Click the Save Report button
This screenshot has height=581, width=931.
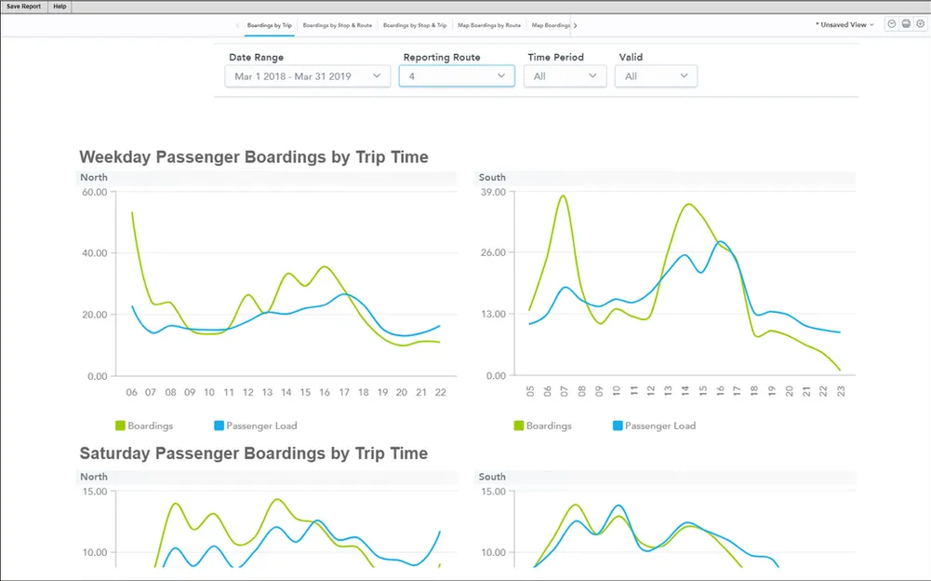tap(24, 7)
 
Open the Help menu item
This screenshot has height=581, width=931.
tap(60, 7)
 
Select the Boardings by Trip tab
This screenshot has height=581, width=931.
tap(269, 25)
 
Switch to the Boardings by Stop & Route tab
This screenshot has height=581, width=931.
tap(337, 25)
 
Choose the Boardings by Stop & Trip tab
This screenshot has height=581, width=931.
tap(415, 25)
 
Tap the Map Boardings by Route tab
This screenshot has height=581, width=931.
tap(489, 25)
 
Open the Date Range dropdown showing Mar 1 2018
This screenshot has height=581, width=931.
tap(307, 76)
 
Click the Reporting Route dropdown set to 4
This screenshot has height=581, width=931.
tap(456, 76)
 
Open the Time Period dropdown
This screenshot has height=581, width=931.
tap(565, 76)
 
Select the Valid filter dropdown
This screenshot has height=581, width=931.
tap(656, 76)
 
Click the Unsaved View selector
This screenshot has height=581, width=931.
tap(845, 25)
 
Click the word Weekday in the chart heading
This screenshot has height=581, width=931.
tap(118, 157)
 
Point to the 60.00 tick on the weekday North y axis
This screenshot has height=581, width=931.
tap(95, 192)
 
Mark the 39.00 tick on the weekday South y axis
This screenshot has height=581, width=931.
tap(493, 192)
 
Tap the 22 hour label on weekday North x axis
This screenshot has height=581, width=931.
tap(440, 393)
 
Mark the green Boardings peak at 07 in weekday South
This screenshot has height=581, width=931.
tap(563, 196)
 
